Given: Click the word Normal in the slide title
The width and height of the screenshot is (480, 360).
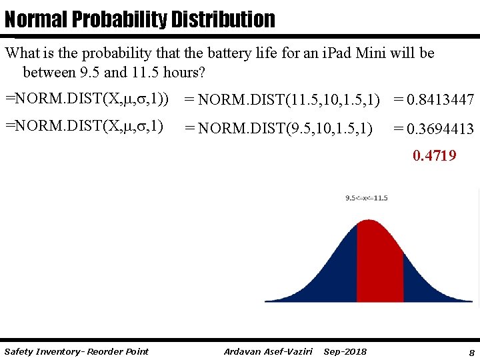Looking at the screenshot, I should tap(35, 19).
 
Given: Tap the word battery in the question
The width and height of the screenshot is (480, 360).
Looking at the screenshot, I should tap(232, 53).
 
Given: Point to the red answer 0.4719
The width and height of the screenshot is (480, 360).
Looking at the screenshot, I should tap(434, 156).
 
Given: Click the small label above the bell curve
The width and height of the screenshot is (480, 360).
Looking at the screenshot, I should tap(367, 198).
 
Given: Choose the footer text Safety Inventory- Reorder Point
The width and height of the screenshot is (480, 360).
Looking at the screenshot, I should tap(76, 351).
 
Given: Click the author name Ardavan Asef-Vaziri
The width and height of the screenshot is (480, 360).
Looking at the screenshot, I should tap(269, 351).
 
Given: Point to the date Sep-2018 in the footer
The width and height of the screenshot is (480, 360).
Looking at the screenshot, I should tap(345, 351).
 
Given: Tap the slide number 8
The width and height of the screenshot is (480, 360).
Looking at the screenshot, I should tap(471, 351).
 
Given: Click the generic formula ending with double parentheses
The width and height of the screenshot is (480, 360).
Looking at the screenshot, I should tap(87, 99).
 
